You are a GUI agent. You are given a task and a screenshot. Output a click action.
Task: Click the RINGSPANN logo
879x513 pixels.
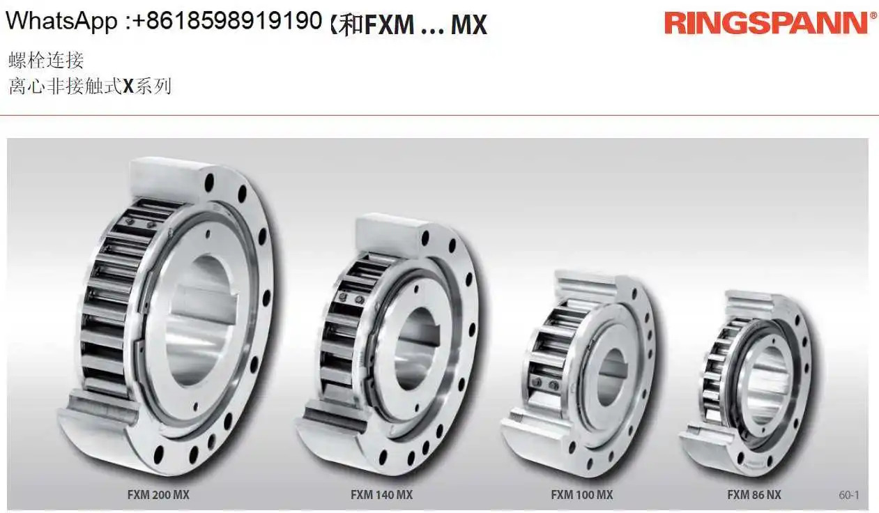coord(765,23)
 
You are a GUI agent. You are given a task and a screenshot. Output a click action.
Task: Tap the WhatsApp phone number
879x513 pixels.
coord(228,21)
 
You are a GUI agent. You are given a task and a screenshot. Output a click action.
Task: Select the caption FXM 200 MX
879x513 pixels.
coord(158,495)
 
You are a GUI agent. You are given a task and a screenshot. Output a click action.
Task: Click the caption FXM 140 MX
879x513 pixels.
coord(382,495)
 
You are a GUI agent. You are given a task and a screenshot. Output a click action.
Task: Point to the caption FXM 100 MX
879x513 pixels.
coord(582,495)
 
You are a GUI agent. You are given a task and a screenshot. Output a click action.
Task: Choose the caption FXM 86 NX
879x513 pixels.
coord(754,495)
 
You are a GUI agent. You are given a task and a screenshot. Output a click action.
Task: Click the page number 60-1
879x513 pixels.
coord(849,496)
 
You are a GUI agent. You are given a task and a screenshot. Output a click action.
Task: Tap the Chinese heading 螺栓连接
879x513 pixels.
coord(46,61)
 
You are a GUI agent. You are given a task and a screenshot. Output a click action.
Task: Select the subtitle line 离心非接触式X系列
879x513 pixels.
coord(90,86)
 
